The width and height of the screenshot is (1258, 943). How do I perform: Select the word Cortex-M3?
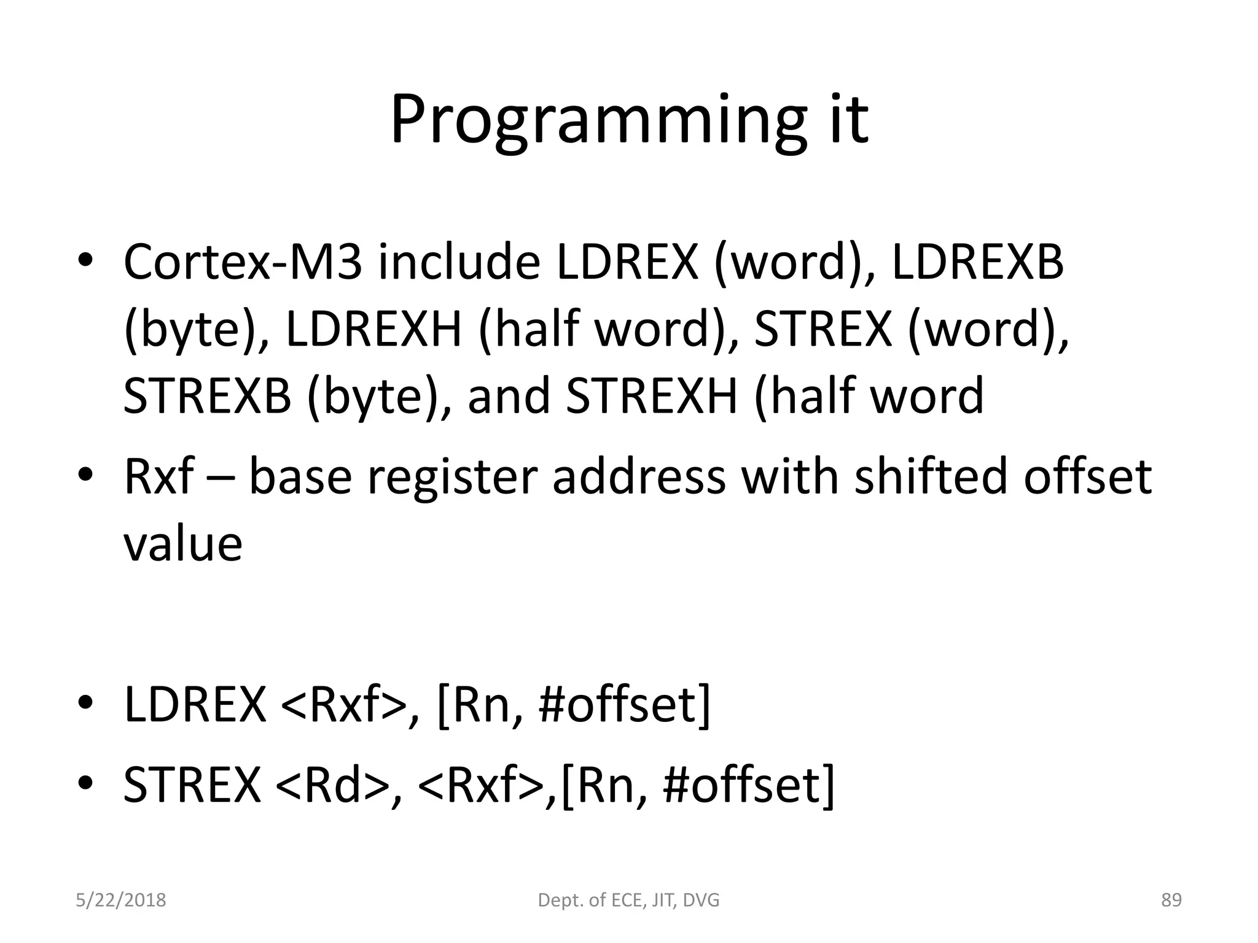pos(243,262)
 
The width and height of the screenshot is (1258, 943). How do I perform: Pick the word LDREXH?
pos(373,329)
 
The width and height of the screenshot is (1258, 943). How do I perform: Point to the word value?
pos(182,544)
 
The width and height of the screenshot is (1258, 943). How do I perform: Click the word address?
pos(638,476)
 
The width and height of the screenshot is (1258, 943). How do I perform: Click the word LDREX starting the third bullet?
pos(195,705)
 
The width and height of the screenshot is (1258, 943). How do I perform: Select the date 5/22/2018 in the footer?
pos(121,900)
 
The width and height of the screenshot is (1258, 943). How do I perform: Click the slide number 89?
pos(1171,900)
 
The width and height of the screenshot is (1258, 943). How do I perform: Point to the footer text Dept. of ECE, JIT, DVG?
pos(628,900)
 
